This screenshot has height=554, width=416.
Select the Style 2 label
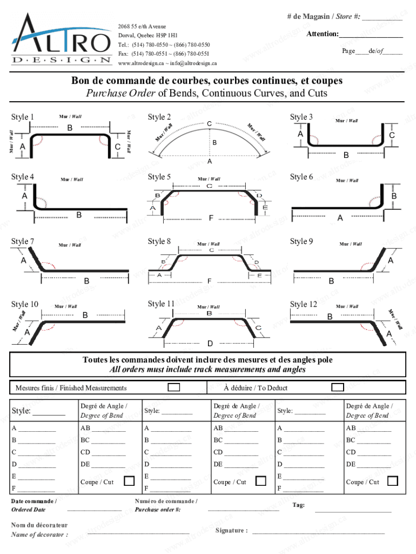159,117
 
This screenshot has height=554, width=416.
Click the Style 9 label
301,241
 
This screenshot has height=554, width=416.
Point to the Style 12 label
303,305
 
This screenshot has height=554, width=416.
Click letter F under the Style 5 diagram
211,218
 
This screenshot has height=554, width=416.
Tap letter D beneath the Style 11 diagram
210,344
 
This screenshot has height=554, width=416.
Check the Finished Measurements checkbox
174,387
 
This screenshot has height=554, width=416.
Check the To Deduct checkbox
338,387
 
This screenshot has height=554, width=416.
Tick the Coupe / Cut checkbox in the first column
130,481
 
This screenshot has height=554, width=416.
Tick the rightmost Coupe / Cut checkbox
393,481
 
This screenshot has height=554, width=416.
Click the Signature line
319,532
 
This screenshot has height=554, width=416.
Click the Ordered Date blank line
94,510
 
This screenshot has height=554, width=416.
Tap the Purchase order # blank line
243,510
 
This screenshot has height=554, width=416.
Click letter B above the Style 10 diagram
85,315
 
